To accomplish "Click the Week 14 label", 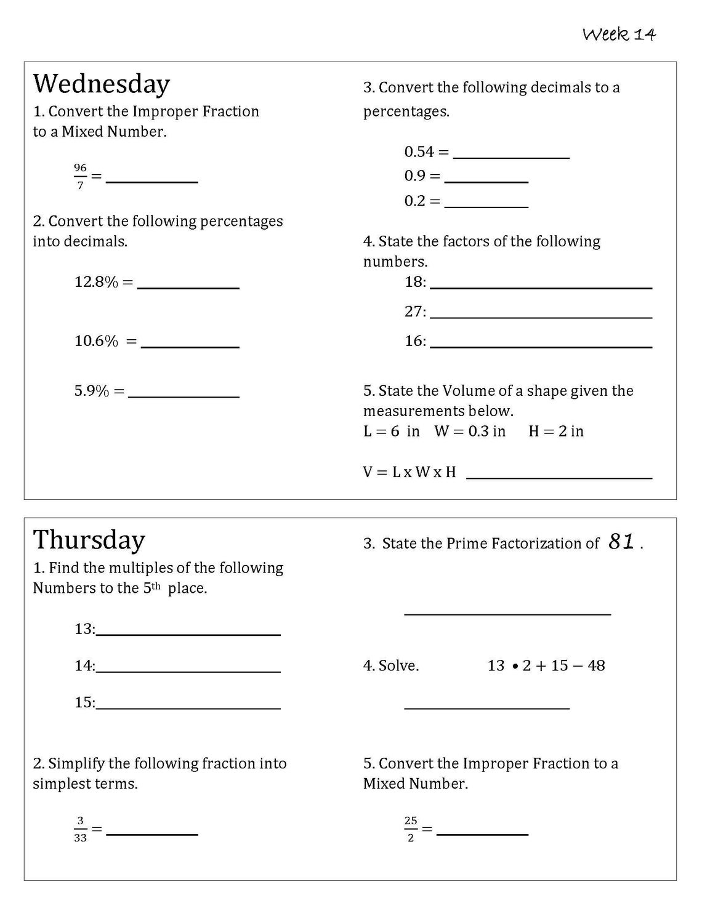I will tap(619, 34).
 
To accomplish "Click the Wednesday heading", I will tap(101, 84).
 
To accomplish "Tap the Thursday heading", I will tap(89, 540).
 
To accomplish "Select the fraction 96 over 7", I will tap(80, 176).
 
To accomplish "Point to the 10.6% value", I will tap(96, 341).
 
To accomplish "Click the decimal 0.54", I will tap(419, 151).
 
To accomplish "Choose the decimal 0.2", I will tap(414, 201).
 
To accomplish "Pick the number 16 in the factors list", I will tap(413, 341).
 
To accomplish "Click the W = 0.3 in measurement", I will tap(470, 432).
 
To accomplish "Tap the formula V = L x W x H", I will tap(409, 472).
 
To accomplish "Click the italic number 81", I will tap(621, 542).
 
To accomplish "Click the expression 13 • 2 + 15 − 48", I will tap(546, 665).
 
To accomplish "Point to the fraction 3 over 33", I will tap(80, 829).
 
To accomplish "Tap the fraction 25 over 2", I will tap(411, 829).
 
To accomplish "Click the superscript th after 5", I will tap(156, 585).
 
